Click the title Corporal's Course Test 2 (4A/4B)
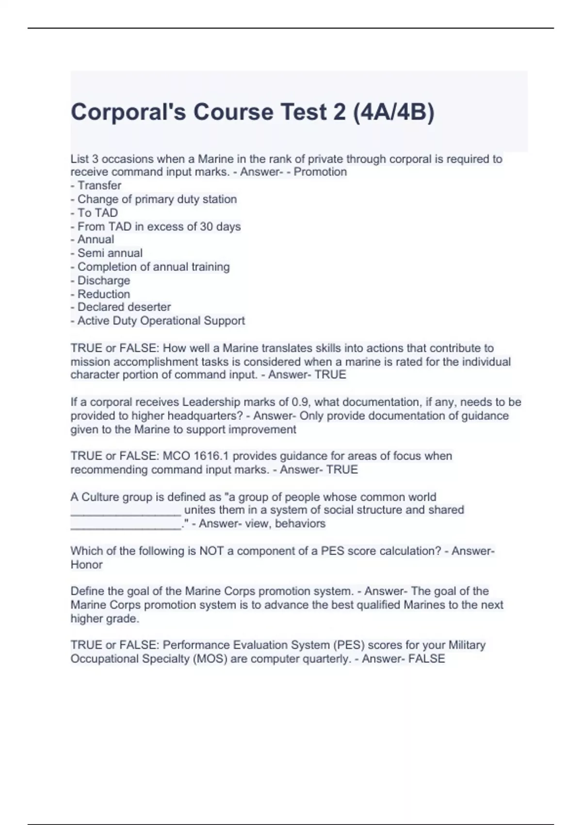[252, 112]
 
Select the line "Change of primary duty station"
[154, 199]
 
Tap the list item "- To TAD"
[95, 213]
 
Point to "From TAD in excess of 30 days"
[156, 226]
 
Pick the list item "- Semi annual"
[107, 253]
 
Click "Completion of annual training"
[150, 266]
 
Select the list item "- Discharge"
[100, 280]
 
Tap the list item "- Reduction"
[100, 294]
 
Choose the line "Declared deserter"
[121, 307]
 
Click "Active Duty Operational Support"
[158, 320]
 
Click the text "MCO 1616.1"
[196, 456]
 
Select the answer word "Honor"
[87, 564]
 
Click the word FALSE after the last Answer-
[426, 659]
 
